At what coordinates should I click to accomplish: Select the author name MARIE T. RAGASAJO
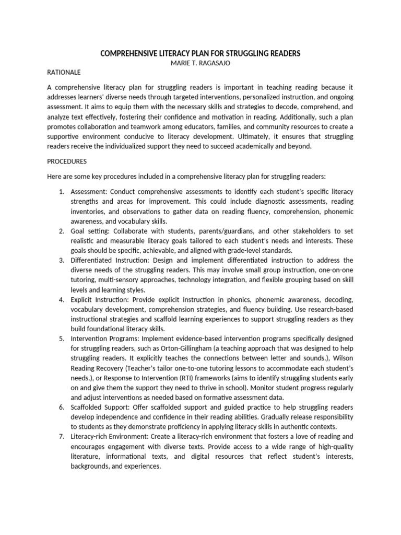(x=200, y=63)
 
